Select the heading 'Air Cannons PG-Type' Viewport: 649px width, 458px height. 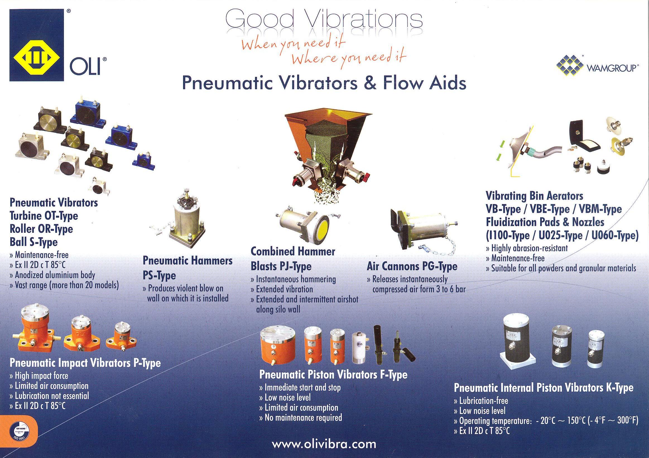[412, 266]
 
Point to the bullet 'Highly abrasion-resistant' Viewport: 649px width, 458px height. [527, 248]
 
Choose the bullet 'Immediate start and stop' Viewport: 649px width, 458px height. [300, 388]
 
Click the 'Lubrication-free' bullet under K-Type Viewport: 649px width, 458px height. [481, 401]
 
